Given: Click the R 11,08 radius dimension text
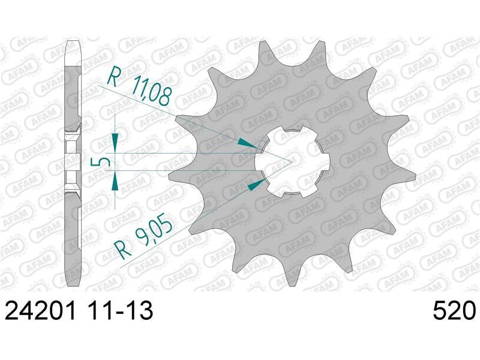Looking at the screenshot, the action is [139, 86].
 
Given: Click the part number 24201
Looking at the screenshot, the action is [40, 310].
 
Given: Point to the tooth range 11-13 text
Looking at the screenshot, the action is [118, 310].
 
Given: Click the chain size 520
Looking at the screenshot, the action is [454, 310].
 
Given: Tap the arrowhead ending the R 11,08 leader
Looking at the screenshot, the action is [247, 143].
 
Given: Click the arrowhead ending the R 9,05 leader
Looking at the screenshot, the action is [256, 185].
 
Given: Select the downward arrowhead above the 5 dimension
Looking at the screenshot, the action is [115, 142].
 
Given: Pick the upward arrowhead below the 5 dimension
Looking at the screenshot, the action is [115, 180].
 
